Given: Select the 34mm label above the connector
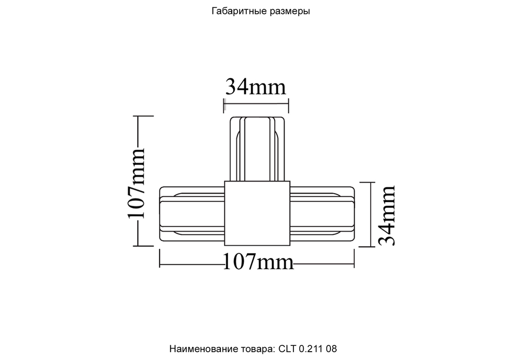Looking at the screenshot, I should point(255,87).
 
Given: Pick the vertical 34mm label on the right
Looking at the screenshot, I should point(386,214).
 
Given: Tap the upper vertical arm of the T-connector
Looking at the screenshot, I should point(257,149).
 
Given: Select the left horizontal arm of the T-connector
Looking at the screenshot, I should point(192,214).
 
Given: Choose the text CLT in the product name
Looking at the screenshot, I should point(288,348).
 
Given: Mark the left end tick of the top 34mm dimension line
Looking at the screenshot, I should point(224,106).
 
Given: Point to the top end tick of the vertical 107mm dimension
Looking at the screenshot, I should point(138,116).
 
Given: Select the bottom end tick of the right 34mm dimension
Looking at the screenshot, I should point(371,246).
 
